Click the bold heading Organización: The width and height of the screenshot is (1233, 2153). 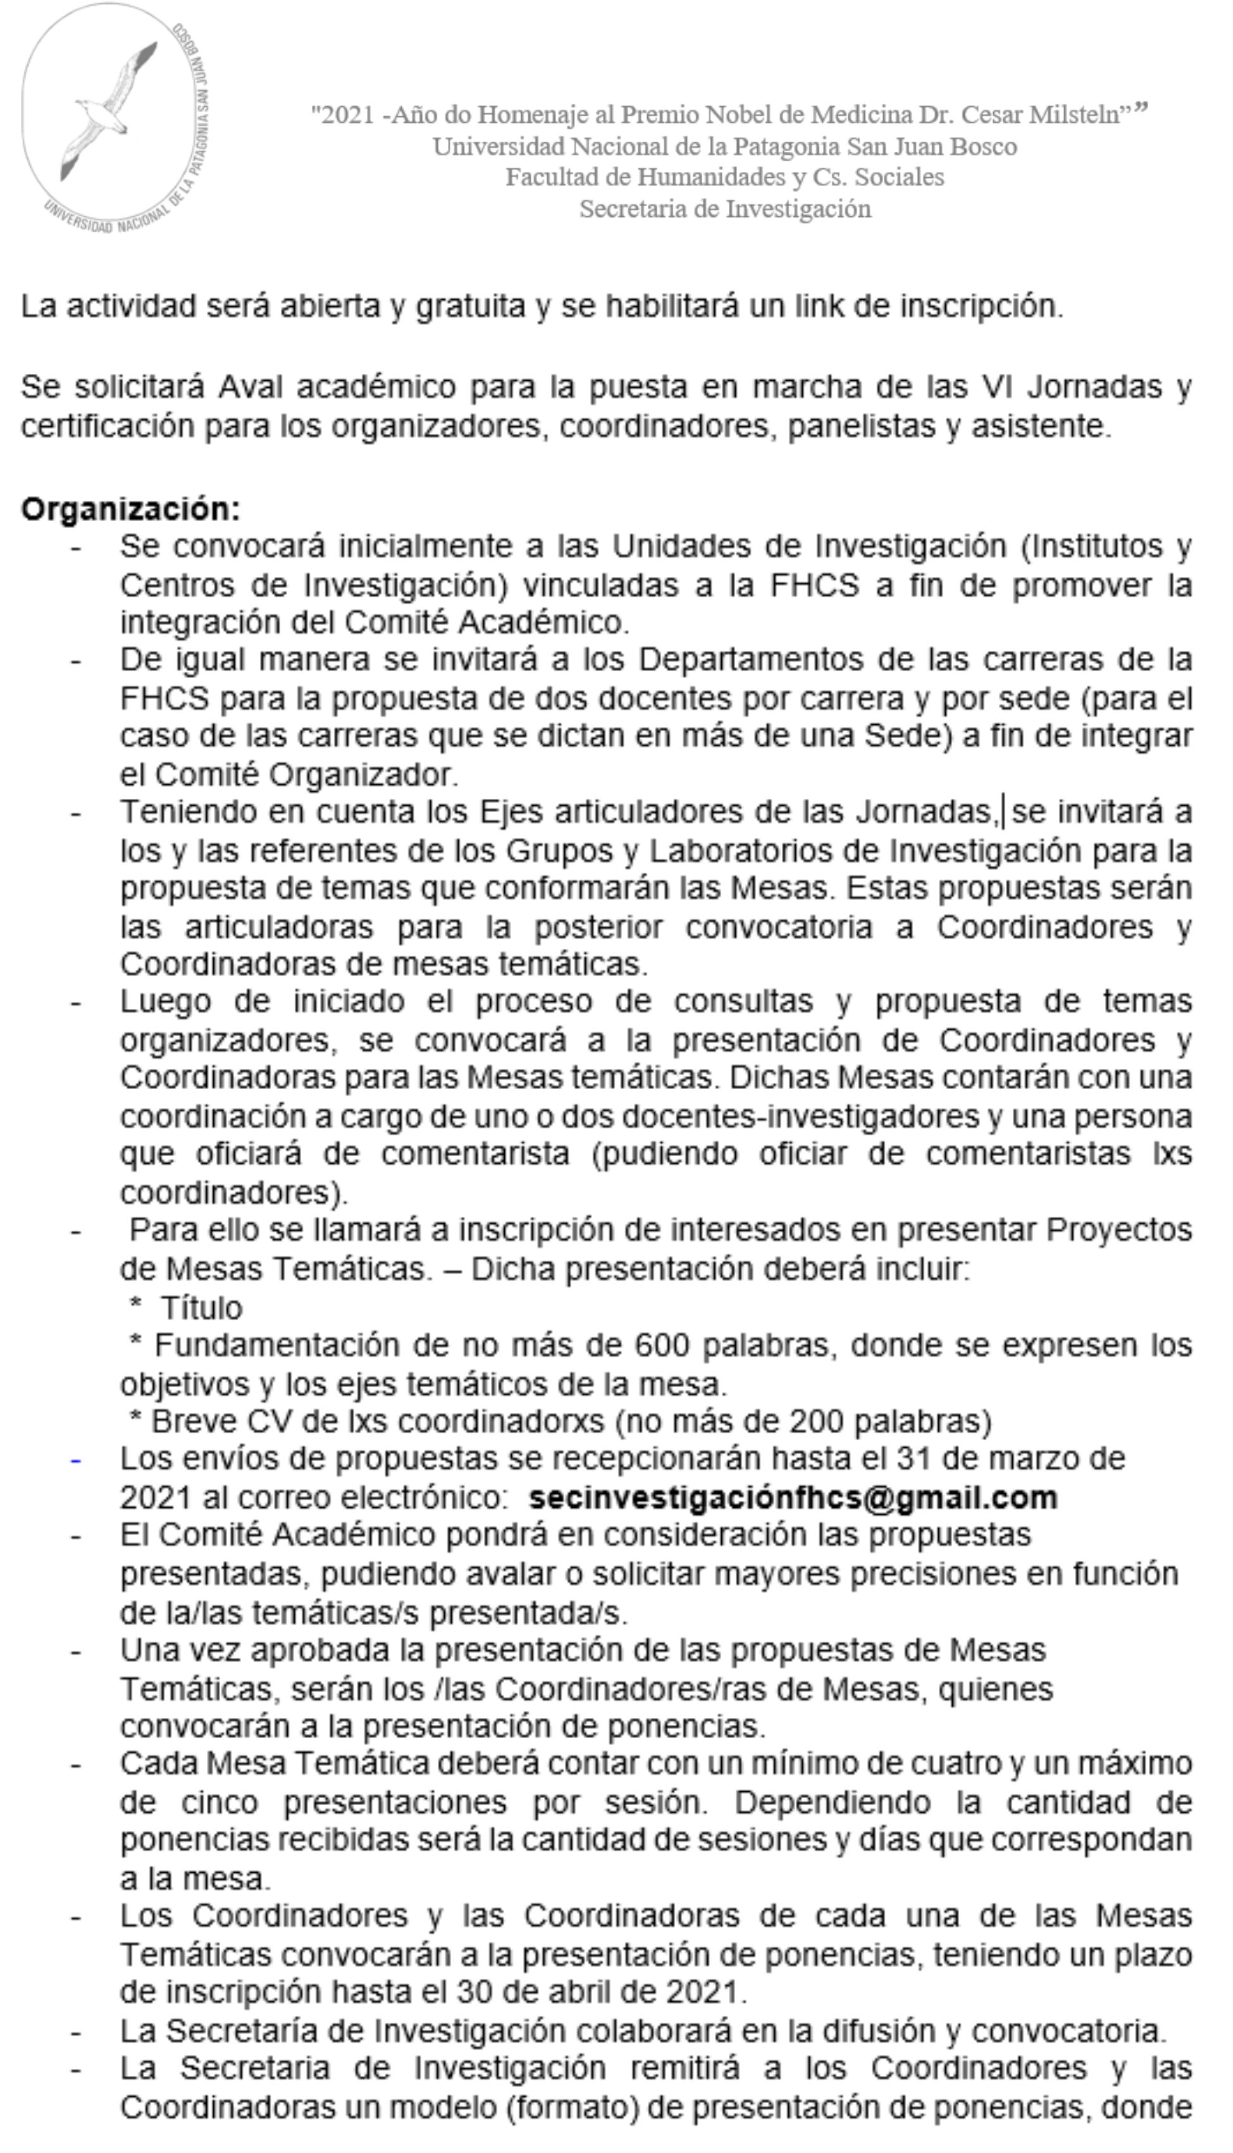[x=130, y=509]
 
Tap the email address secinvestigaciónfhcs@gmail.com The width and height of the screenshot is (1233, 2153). [x=793, y=1498]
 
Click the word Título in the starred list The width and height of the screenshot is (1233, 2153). [x=202, y=1308]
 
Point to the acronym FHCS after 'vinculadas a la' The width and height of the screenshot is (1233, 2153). [x=814, y=585]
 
